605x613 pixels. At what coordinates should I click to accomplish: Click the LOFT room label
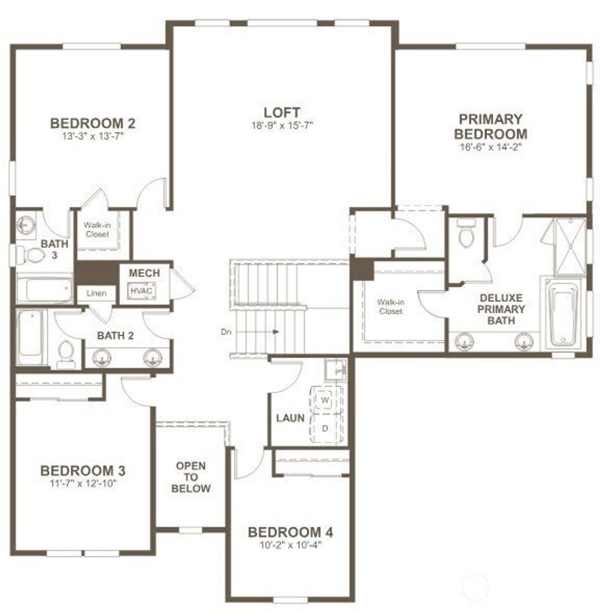click(282, 113)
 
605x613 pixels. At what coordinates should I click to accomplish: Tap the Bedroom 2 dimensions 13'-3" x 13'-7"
click(93, 136)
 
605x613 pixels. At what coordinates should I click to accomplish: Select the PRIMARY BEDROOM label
click(491, 126)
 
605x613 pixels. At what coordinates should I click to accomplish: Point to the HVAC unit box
click(141, 291)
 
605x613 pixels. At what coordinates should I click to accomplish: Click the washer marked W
click(324, 400)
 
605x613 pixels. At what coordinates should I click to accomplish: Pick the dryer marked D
click(324, 428)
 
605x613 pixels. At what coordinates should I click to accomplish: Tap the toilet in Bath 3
click(31, 255)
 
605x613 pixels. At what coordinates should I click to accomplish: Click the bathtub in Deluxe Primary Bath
click(563, 315)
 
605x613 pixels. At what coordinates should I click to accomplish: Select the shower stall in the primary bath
click(571, 246)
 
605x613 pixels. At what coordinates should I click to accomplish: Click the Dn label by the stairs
click(226, 332)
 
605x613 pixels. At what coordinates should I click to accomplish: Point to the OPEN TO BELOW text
click(191, 477)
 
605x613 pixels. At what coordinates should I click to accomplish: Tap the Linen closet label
click(96, 293)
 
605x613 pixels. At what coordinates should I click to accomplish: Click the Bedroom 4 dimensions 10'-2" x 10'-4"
click(291, 545)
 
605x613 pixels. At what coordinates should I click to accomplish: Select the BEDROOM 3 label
click(83, 470)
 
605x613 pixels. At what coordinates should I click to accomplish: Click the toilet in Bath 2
click(66, 354)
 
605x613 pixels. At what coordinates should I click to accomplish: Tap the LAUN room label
click(290, 418)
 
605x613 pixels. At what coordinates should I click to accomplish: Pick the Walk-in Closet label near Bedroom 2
click(97, 230)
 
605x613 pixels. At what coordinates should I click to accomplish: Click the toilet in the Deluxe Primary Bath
click(466, 233)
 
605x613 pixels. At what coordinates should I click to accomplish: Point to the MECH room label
click(144, 273)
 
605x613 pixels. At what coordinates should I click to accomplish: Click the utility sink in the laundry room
click(336, 369)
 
